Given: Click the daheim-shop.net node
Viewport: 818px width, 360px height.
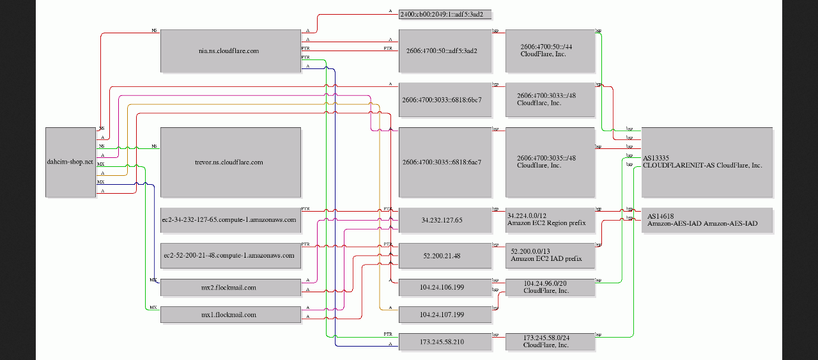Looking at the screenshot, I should pos(70,162).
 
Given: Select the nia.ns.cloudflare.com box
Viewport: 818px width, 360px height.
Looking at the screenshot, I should pos(230,51).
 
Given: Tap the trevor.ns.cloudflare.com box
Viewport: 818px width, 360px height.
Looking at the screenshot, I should pos(230,162).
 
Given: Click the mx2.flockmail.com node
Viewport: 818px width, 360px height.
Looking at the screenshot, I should pos(230,288).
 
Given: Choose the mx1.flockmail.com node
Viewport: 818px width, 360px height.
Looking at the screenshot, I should pos(230,315).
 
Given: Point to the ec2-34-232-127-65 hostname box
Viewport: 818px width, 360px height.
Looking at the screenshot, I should pos(230,220).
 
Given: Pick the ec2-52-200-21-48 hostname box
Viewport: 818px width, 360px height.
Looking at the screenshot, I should pos(230,255).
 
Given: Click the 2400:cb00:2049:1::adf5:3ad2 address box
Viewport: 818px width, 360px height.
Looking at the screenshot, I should pos(445,13).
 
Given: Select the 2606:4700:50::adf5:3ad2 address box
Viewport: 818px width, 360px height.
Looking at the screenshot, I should pos(445,51).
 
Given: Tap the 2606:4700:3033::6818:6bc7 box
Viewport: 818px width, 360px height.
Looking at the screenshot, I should pos(445,100).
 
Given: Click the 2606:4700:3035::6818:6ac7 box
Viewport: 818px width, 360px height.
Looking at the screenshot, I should pos(445,162).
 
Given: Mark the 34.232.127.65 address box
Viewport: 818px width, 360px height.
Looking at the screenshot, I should pos(445,220).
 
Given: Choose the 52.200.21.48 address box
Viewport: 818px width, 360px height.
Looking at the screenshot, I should pos(445,255).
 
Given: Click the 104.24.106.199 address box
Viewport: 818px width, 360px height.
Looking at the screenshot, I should pos(445,288).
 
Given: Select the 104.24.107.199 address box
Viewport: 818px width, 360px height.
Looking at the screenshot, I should pos(445,315).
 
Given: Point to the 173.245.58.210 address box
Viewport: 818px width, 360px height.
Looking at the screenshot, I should pos(445,342).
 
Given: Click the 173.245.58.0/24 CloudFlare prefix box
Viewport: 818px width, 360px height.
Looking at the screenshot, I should pos(550,342).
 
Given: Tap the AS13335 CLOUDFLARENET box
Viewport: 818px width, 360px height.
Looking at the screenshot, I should pos(707,162).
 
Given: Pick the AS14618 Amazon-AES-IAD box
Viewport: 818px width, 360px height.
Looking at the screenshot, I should pos(707,220).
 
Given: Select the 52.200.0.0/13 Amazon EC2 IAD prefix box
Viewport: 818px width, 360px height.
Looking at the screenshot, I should pos(550,255).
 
